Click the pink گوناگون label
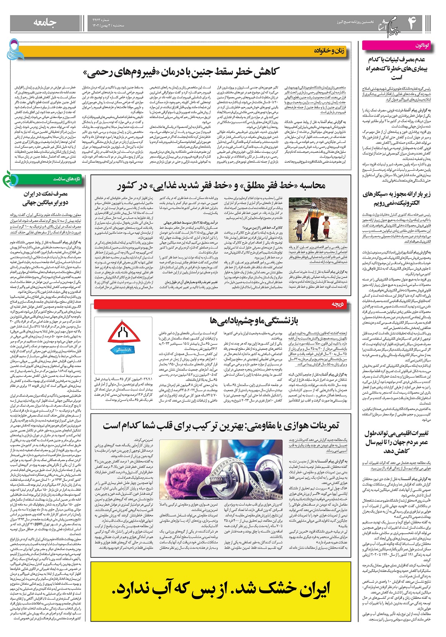pos(422,46)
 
